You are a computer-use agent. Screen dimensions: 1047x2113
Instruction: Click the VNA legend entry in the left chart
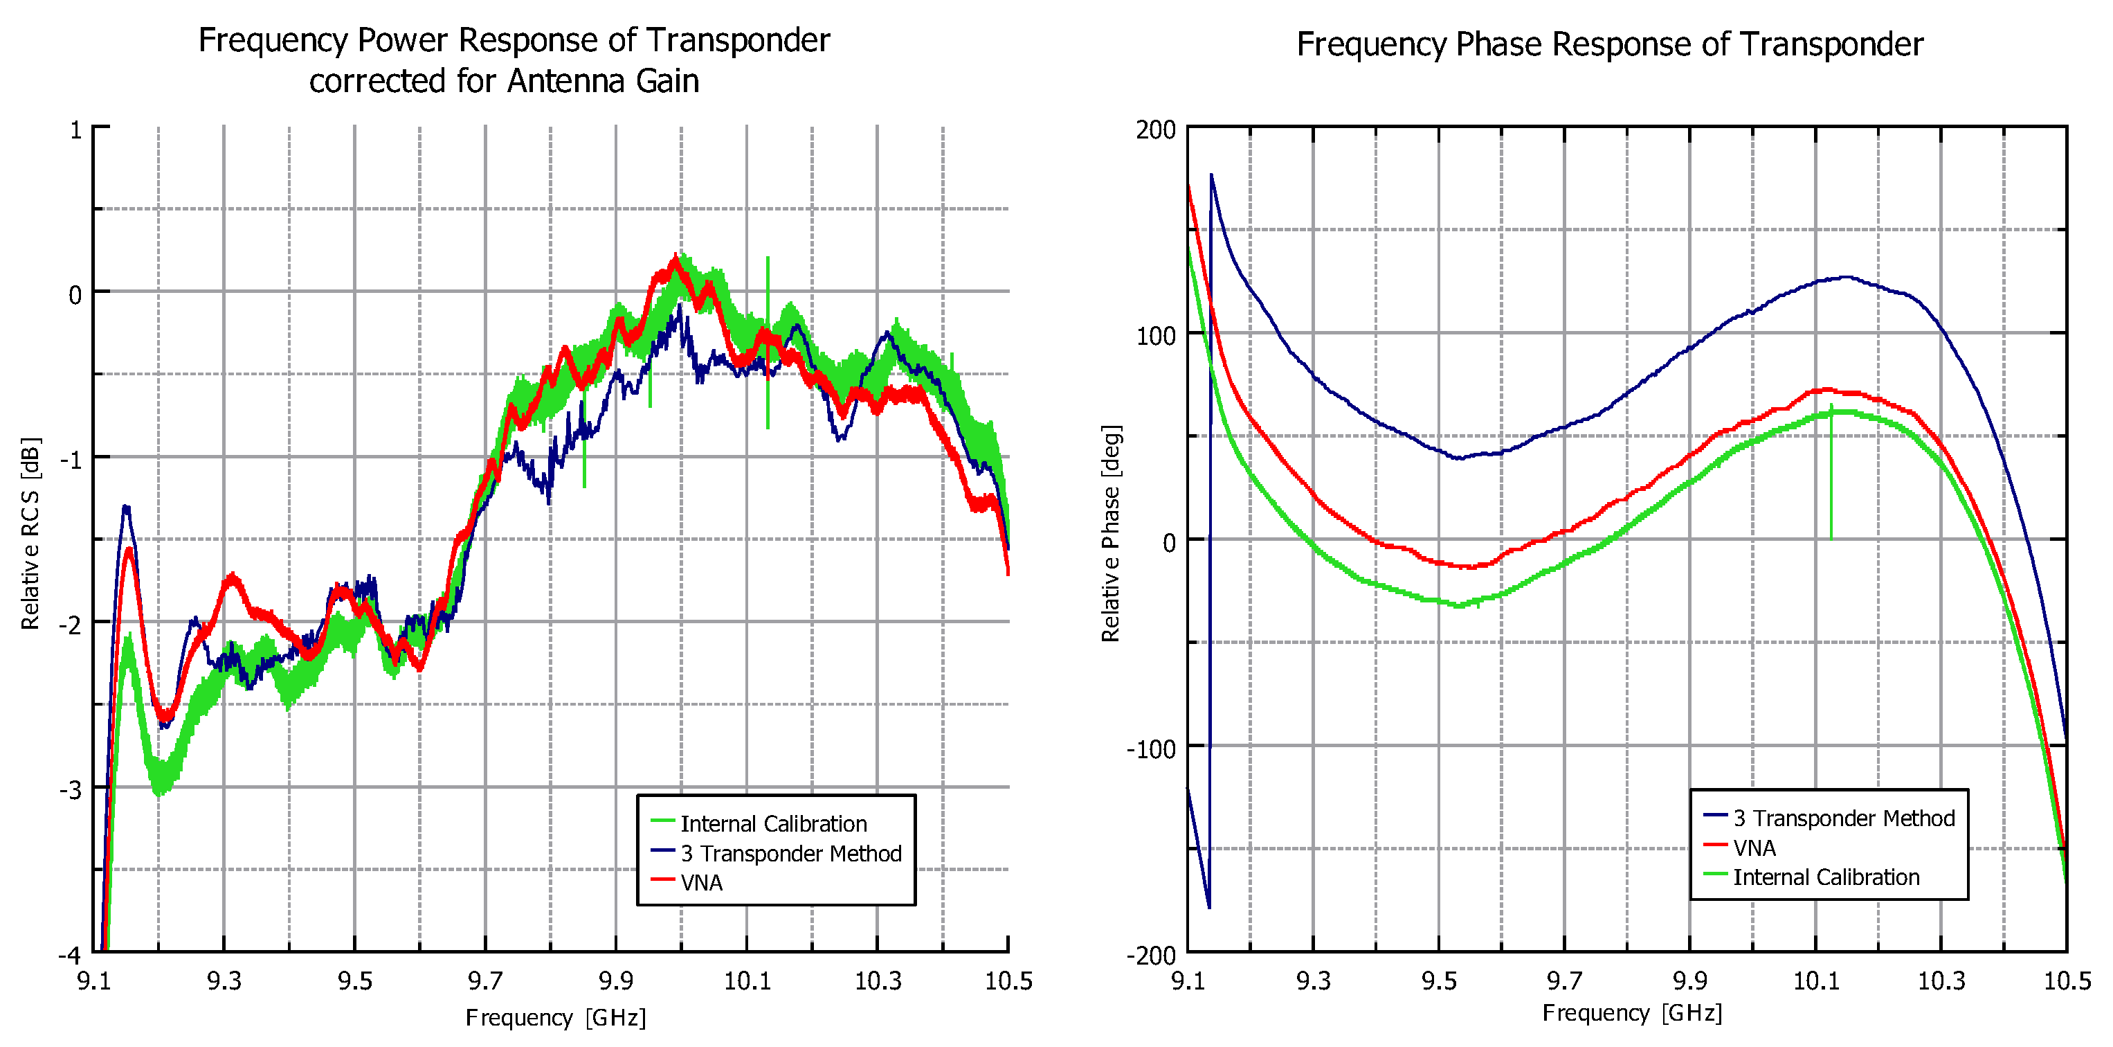point(701,883)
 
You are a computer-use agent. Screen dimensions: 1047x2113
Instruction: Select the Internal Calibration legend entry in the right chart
point(1826,877)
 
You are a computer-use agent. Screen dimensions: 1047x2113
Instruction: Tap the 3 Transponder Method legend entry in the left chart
point(791,853)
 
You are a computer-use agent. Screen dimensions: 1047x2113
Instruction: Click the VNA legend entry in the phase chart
point(1754,848)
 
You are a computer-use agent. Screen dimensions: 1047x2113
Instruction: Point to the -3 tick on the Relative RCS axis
point(71,790)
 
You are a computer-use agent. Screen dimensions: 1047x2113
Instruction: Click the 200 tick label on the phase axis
point(1156,129)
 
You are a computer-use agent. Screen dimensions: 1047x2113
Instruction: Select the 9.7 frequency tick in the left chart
point(484,981)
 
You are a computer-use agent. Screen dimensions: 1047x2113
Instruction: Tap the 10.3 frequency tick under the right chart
point(1941,981)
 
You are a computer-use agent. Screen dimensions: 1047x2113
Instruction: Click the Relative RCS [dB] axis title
point(30,533)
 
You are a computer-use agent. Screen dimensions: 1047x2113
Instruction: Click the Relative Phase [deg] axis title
point(1111,533)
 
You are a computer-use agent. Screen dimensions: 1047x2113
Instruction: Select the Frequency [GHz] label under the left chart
point(555,1017)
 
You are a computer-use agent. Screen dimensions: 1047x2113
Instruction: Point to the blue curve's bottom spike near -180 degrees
point(1209,906)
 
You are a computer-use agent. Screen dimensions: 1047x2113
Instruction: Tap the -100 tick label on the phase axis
point(1150,749)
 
